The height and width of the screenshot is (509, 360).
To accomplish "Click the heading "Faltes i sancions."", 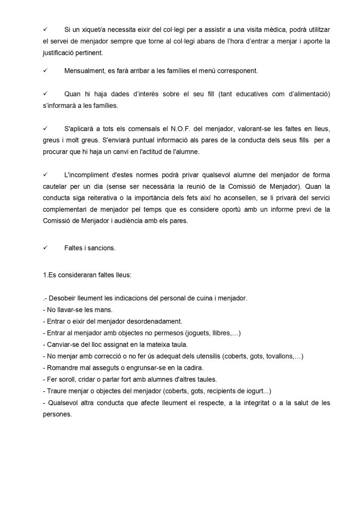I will (x=90, y=248).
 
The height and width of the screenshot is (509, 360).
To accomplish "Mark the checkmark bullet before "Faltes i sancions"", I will (x=45, y=248).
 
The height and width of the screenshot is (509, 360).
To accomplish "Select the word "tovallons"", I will (x=278, y=356).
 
